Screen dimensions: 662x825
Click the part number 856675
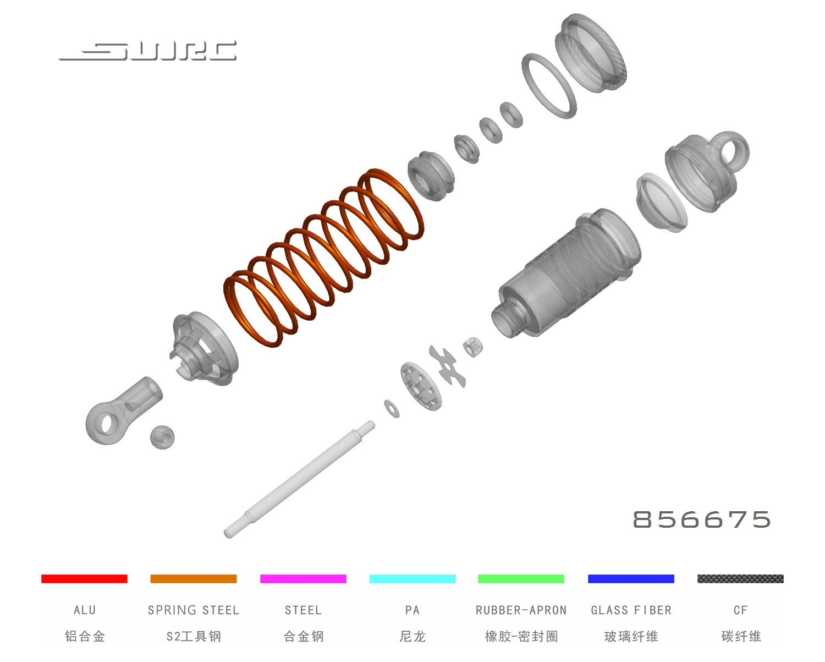tap(701, 519)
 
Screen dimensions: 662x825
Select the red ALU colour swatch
tap(84, 578)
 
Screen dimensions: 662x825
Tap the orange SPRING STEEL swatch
tap(194, 578)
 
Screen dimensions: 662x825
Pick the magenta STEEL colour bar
tap(303, 578)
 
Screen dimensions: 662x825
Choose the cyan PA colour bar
tap(413, 578)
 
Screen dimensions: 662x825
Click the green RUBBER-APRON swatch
tap(521, 578)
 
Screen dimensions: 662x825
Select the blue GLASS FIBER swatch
tap(631, 578)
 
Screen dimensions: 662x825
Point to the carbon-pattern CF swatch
tap(740, 578)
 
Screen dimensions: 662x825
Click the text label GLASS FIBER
tap(631, 610)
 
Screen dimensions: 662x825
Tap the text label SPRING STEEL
tap(194, 610)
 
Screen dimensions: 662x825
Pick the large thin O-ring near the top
tap(549, 86)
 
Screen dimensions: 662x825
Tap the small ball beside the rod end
tap(162, 437)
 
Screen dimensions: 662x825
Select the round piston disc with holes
tap(421, 386)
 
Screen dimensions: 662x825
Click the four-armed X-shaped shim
tap(449, 366)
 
